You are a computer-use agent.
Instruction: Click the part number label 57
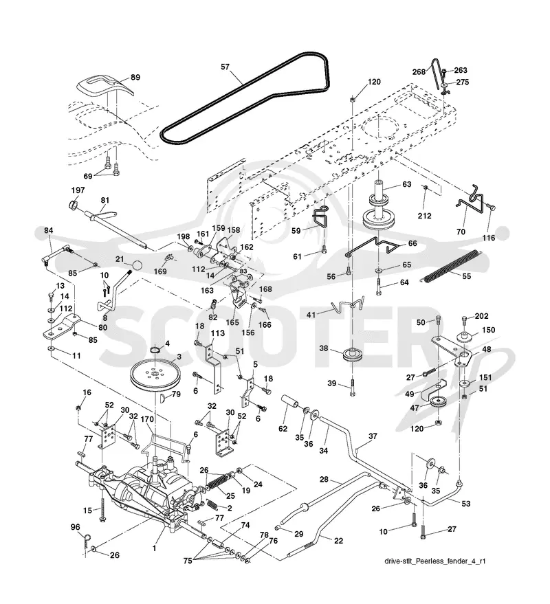225,67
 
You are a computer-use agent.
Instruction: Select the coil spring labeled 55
453,265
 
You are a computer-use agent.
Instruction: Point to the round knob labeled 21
136,266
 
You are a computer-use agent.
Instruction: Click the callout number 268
419,71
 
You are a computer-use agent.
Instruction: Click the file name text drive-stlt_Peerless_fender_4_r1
434,561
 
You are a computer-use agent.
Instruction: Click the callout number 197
78,190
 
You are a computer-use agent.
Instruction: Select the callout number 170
147,419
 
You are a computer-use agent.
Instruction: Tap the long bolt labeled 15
103,508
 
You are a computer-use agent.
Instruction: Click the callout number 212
424,216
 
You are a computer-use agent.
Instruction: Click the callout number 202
481,316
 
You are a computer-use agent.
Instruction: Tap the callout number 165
232,322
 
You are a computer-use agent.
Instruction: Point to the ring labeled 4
155,350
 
